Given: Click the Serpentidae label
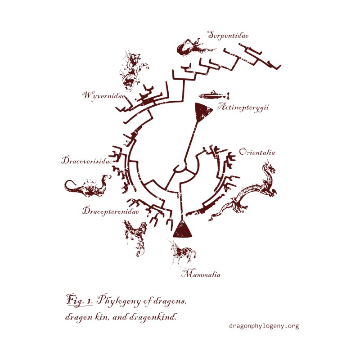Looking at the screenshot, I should [x=228, y=35].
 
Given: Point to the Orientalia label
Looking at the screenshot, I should [x=257, y=152].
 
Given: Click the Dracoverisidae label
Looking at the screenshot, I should [x=86, y=161].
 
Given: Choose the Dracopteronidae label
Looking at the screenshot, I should [x=110, y=210].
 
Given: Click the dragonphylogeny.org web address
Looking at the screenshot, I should [x=264, y=326].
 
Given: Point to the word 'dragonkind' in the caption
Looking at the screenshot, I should [x=155, y=316].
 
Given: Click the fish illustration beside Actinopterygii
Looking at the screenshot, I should [x=214, y=95].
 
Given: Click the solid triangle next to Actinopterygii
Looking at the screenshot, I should [x=202, y=111].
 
